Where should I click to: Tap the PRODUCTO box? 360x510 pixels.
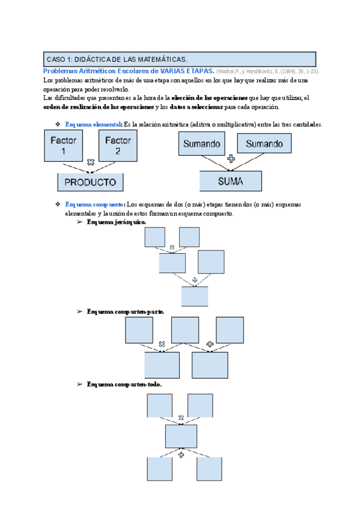pyautogui.click(x=90, y=182)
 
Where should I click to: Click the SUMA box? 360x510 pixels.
pyautogui.click(x=231, y=181)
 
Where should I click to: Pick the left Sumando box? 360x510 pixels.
pyautogui.click(x=202, y=144)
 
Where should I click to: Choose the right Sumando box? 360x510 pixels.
pyautogui.click(x=264, y=144)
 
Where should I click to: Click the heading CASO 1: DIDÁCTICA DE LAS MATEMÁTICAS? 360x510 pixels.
pyautogui.click(x=117, y=59)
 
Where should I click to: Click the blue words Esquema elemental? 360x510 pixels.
pyautogui.click(x=93, y=124)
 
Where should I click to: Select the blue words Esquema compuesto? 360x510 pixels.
pyautogui.click(x=95, y=204)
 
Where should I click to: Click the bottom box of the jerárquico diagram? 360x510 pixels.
pyautogui.click(x=195, y=296)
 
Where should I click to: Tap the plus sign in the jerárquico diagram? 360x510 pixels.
pyautogui.click(x=194, y=280)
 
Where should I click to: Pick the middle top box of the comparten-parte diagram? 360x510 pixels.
pyautogui.click(x=185, y=330)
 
